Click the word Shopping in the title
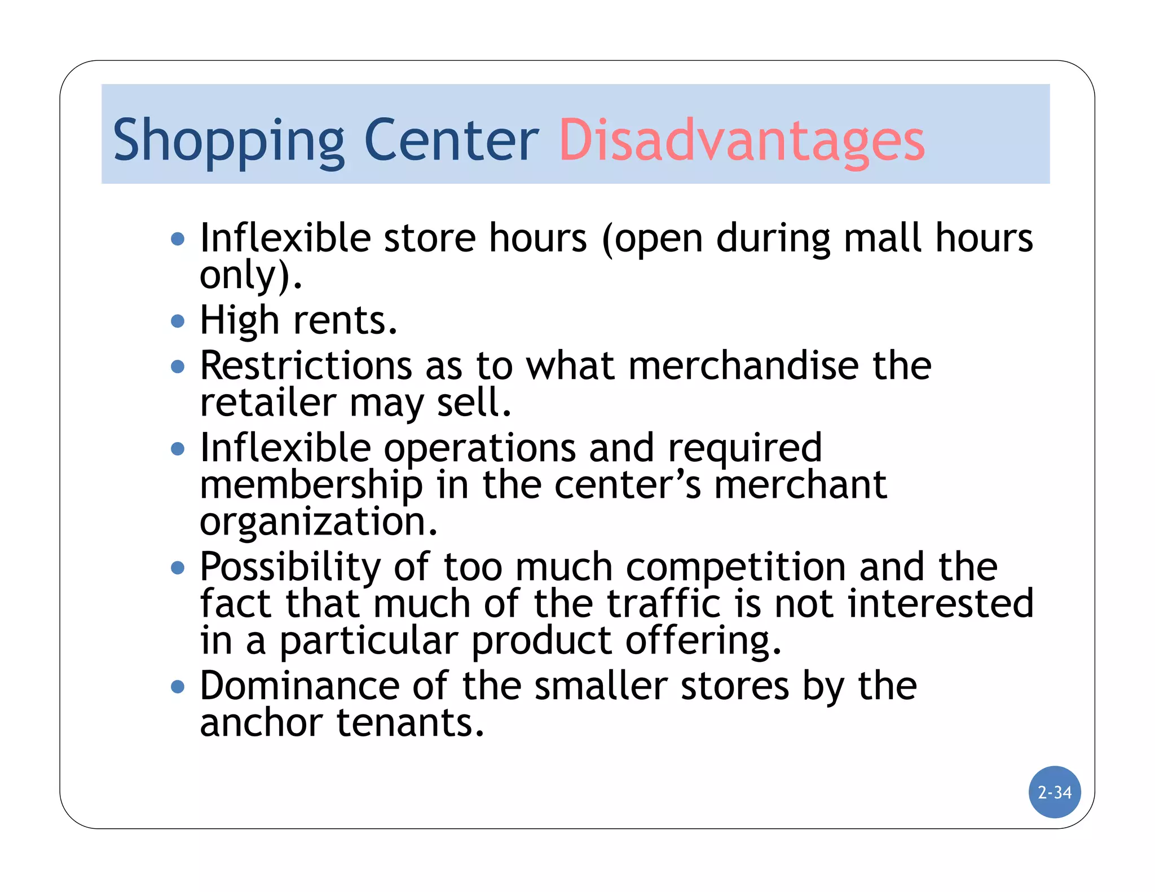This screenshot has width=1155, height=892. pos(228,141)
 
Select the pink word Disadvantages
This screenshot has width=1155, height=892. pos(742,141)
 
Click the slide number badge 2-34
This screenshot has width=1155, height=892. pos(1055,792)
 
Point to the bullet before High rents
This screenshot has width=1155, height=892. pos(178,321)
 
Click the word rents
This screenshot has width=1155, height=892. pos(345,320)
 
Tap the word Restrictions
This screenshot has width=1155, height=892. pos(306,365)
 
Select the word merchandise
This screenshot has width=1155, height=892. pos(743,365)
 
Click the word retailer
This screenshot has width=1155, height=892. pos(268,403)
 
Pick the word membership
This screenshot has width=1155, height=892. pos(311,485)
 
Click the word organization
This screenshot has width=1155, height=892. pos(318,522)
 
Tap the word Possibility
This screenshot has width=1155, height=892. pos(290,567)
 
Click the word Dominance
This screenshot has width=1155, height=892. pos(299,686)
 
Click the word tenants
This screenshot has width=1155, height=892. pos(410,723)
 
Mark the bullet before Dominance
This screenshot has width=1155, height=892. pos(178,687)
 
